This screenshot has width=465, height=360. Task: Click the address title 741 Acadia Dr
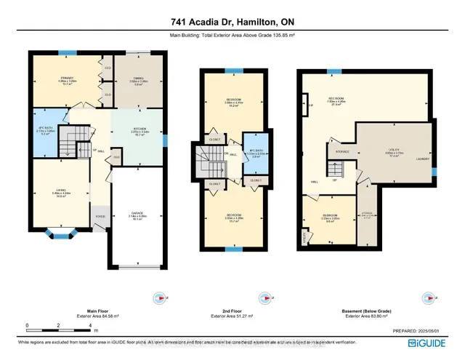232,23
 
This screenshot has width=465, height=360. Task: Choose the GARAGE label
137,215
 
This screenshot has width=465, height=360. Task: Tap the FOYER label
99,215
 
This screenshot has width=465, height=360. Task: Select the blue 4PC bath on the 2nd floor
251,153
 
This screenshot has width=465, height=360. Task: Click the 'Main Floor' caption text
87,309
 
